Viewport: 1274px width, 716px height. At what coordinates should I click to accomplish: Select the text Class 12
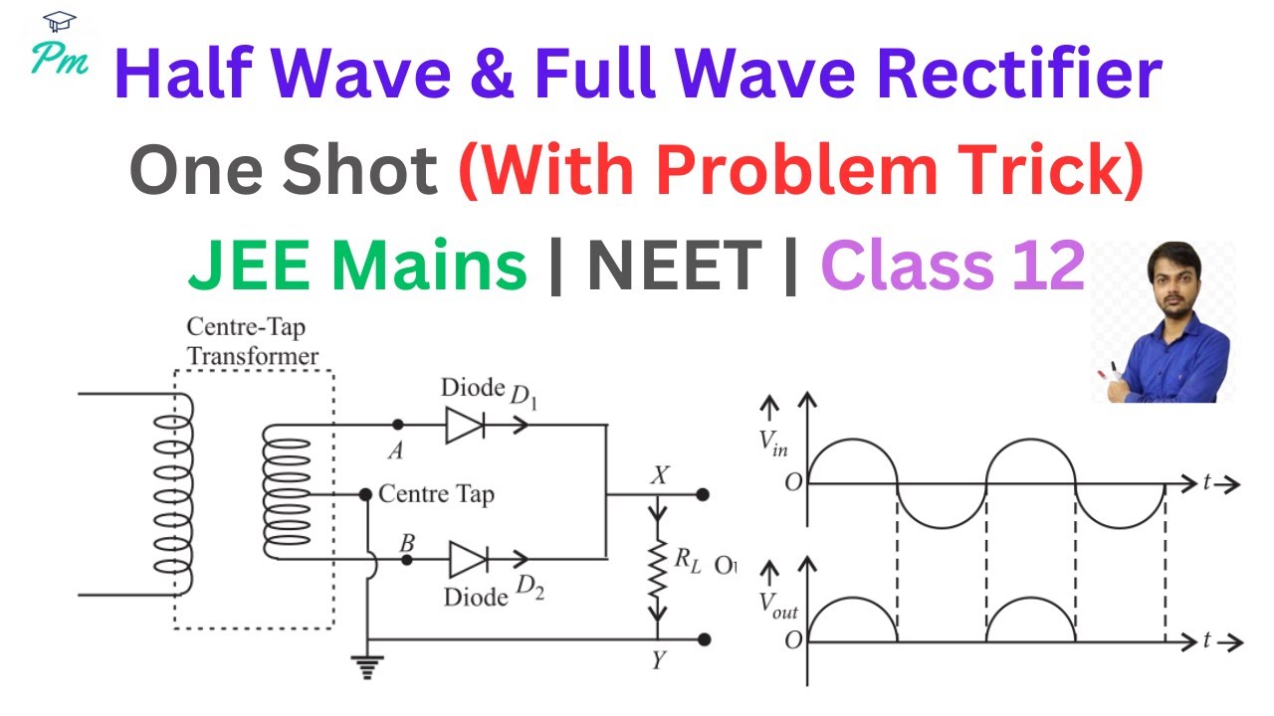[952, 268]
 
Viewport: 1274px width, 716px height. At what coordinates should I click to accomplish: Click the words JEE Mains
[357, 268]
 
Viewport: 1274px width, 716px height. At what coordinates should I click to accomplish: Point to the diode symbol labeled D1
[465, 425]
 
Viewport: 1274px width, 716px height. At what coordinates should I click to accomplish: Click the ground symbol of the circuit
[369, 667]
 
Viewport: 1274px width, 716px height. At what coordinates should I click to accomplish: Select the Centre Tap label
[436, 493]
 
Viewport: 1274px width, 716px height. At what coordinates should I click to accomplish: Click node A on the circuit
[398, 425]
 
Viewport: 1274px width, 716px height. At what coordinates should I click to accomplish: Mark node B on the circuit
[406, 560]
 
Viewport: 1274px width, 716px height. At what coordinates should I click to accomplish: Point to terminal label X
[657, 474]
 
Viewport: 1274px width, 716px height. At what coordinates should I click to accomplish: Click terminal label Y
[658, 660]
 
